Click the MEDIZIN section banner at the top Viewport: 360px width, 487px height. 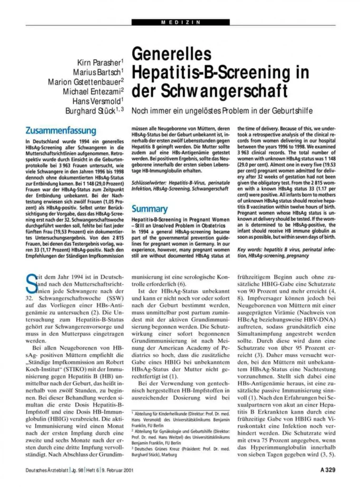point(180,22)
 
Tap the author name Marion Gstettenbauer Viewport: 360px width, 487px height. point(86,82)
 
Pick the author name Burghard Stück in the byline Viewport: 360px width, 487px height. point(93,111)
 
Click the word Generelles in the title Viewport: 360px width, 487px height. point(172,55)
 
